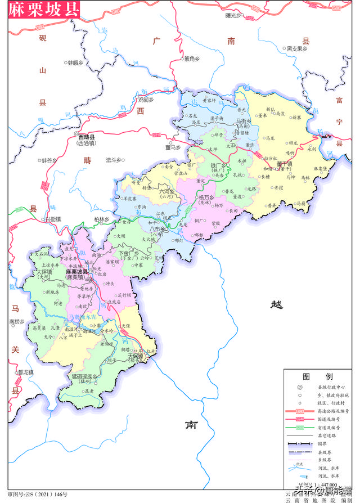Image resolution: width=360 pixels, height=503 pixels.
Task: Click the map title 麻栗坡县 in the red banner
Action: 40,10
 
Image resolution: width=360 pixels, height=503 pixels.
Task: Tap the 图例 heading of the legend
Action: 318,376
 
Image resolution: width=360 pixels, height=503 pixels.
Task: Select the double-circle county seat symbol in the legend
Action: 300,388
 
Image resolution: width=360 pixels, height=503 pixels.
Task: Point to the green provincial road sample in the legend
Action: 300,428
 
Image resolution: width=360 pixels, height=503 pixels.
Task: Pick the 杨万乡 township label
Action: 206,198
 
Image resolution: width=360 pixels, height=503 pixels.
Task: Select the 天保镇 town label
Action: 136,356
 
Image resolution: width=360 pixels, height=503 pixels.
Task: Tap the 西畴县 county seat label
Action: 87,137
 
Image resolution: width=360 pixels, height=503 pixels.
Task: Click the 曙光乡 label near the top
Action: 233,15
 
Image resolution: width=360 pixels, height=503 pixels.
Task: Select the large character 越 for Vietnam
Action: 276,304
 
